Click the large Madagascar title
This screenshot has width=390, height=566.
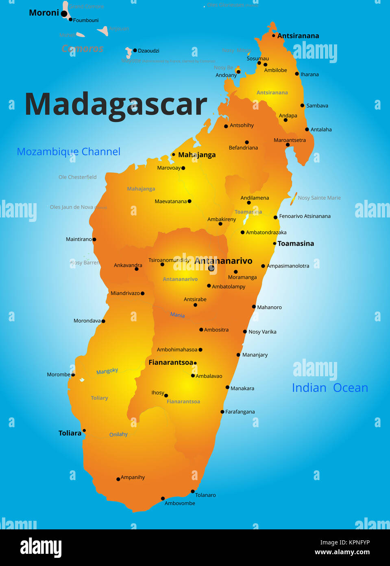116,104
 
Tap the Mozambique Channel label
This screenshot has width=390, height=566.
69,152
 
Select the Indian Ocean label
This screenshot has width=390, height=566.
330,388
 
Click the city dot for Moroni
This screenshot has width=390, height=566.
64,13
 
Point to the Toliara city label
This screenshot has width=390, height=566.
70,433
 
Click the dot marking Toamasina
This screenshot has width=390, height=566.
275,244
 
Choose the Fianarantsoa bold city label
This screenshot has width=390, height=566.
171,362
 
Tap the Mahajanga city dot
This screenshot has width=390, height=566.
173,154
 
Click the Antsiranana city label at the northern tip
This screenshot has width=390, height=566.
298,36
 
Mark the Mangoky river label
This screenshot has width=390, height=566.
107,371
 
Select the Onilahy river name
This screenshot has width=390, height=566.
118,434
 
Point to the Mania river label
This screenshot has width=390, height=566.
177,315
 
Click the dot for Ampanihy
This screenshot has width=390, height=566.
118,479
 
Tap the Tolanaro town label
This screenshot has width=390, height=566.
205,495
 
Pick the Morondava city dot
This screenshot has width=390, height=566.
103,321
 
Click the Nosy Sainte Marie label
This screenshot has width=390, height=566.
319,198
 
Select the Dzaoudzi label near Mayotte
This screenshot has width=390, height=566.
148,51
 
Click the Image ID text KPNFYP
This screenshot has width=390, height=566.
345,542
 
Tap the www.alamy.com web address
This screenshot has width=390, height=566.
342,552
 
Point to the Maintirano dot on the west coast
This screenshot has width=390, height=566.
94,239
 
